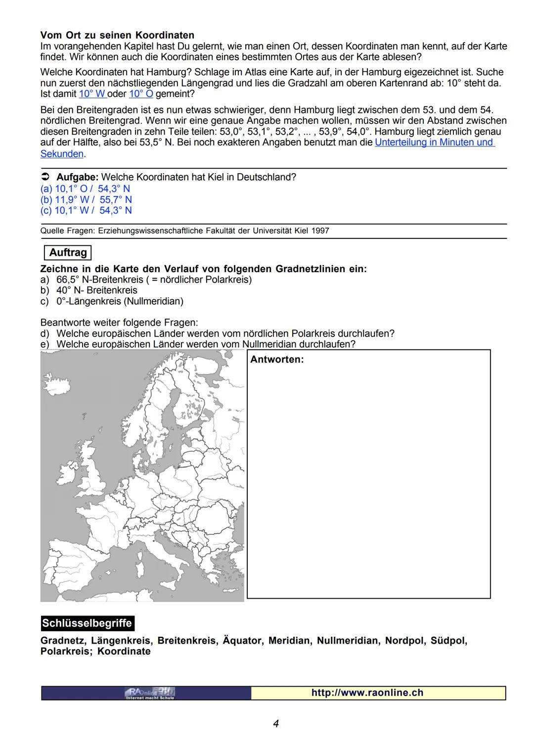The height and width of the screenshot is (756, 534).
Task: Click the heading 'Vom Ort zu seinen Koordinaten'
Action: point(117,36)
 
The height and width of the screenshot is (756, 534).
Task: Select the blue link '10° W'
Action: point(92,94)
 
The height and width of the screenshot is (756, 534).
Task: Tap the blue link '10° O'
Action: point(141,94)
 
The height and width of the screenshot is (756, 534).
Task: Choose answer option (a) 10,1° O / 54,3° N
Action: point(85,189)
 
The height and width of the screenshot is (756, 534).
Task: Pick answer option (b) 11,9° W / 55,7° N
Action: point(86,200)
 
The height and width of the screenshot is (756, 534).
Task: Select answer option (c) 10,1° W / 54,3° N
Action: point(86,211)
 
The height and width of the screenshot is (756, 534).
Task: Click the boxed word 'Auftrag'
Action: point(68,253)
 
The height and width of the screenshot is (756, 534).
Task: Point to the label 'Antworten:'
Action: point(277,360)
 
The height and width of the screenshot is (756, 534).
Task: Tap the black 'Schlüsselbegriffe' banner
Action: point(87,623)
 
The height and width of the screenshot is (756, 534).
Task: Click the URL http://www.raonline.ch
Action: point(367,693)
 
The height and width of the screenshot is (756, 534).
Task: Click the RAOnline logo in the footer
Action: point(150,693)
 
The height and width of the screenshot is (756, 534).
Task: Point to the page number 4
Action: point(276,724)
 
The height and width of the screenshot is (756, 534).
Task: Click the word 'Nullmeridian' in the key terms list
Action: point(348,641)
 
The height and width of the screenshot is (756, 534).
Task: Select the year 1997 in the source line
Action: point(320,231)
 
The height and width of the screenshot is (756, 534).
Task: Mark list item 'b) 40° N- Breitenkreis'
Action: point(89,290)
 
